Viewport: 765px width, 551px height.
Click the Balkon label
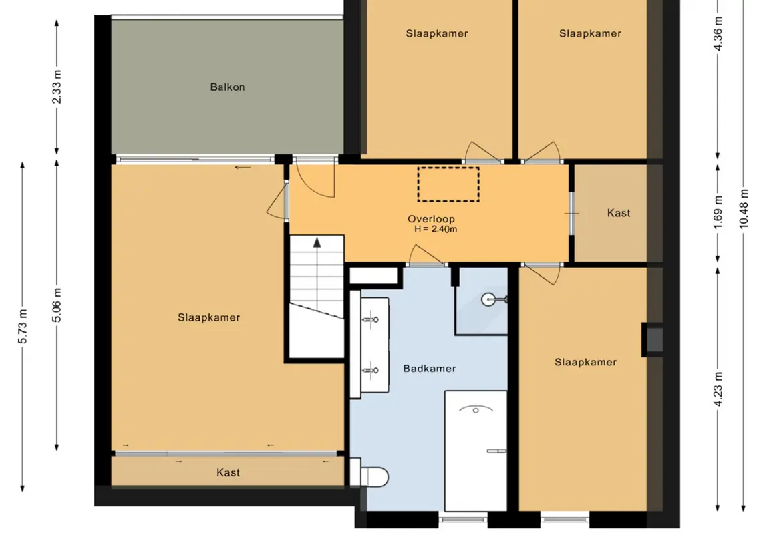tap(227, 87)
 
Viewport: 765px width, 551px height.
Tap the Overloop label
tap(432, 219)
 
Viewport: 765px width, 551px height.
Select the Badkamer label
tap(430, 369)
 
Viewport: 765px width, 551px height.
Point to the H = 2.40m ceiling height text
tap(436, 229)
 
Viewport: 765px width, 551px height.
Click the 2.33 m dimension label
tap(57, 87)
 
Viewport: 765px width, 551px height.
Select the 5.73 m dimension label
tap(23, 326)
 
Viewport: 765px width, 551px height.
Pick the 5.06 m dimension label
tap(57, 305)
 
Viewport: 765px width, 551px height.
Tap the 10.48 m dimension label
tap(743, 208)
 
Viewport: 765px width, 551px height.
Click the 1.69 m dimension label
tap(718, 212)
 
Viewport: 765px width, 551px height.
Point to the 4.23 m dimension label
tap(718, 389)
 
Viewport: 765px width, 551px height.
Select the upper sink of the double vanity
tap(371, 319)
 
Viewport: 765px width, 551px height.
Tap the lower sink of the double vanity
tap(371, 371)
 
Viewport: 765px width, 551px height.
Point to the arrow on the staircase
tap(317, 273)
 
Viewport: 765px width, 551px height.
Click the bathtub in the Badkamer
tap(476, 451)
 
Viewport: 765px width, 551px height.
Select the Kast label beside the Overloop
tap(619, 213)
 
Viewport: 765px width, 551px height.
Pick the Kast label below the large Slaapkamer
tap(228, 472)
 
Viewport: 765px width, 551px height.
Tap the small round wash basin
tap(489, 299)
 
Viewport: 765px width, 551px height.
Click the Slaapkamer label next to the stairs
tap(209, 317)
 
